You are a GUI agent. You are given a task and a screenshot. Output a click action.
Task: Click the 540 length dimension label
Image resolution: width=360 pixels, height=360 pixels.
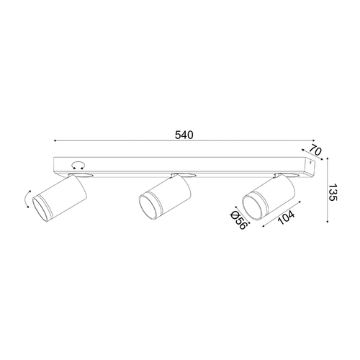point(184,135)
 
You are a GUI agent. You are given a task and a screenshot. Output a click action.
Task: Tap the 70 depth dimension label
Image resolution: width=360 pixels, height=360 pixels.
point(315,150)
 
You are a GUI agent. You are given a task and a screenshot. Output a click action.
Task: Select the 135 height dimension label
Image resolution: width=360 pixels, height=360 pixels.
point(333,193)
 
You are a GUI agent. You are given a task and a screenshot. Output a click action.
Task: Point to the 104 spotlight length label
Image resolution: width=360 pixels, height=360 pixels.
point(286,217)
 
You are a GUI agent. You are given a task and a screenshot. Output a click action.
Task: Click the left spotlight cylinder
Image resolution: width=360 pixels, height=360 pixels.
point(59,199)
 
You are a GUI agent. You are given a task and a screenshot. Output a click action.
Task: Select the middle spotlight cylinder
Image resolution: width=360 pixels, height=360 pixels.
point(165,197)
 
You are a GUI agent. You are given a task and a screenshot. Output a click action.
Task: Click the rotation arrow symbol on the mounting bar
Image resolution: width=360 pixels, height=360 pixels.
point(78,166)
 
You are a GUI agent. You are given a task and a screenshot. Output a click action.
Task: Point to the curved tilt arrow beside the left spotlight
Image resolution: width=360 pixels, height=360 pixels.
point(27,199)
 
